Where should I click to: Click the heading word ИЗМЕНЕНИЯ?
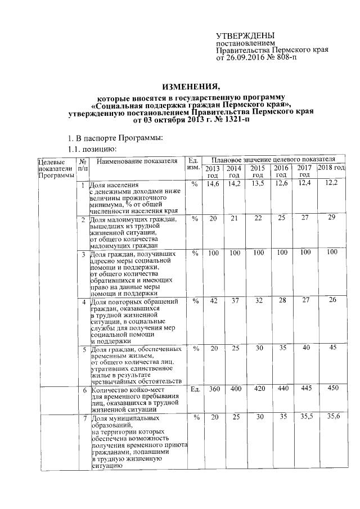coord(191,87)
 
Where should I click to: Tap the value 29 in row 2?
coord(331,217)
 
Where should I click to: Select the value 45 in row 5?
coord(331,348)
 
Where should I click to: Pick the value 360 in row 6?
coord(213,389)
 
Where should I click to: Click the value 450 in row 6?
coord(331,389)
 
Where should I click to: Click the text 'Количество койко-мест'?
coord(121,390)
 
